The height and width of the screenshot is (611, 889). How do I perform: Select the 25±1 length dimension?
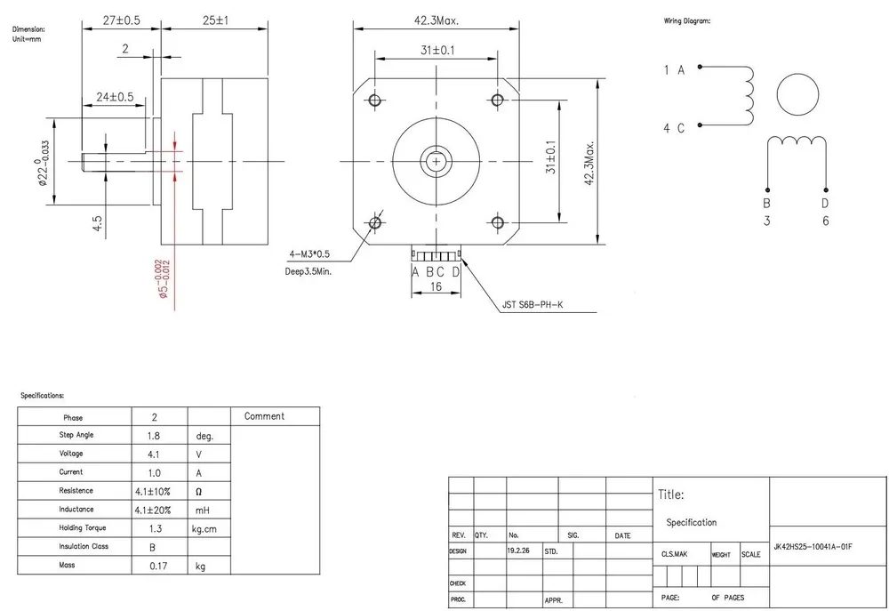(x=214, y=19)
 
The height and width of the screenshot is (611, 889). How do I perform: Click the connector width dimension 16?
(x=436, y=287)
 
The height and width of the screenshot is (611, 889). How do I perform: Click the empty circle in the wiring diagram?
(x=797, y=94)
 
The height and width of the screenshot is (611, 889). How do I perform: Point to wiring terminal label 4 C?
(x=674, y=127)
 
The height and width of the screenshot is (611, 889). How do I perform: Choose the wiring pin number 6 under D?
(x=825, y=221)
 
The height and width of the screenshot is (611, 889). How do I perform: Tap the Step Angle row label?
(x=76, y=435)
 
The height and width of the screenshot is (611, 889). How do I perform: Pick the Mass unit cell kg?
(x=201, y=566)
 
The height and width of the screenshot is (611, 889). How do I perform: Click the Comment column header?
(x=264, y=416)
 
